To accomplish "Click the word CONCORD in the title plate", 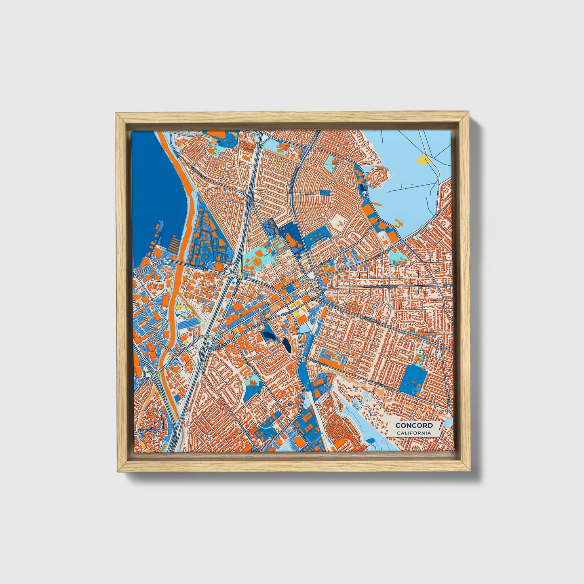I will tap(414, 425).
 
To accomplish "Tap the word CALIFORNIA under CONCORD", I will tap(414, 433).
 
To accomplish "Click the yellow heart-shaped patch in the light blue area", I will tap(424, 160).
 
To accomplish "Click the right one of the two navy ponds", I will tap(287, 345).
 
